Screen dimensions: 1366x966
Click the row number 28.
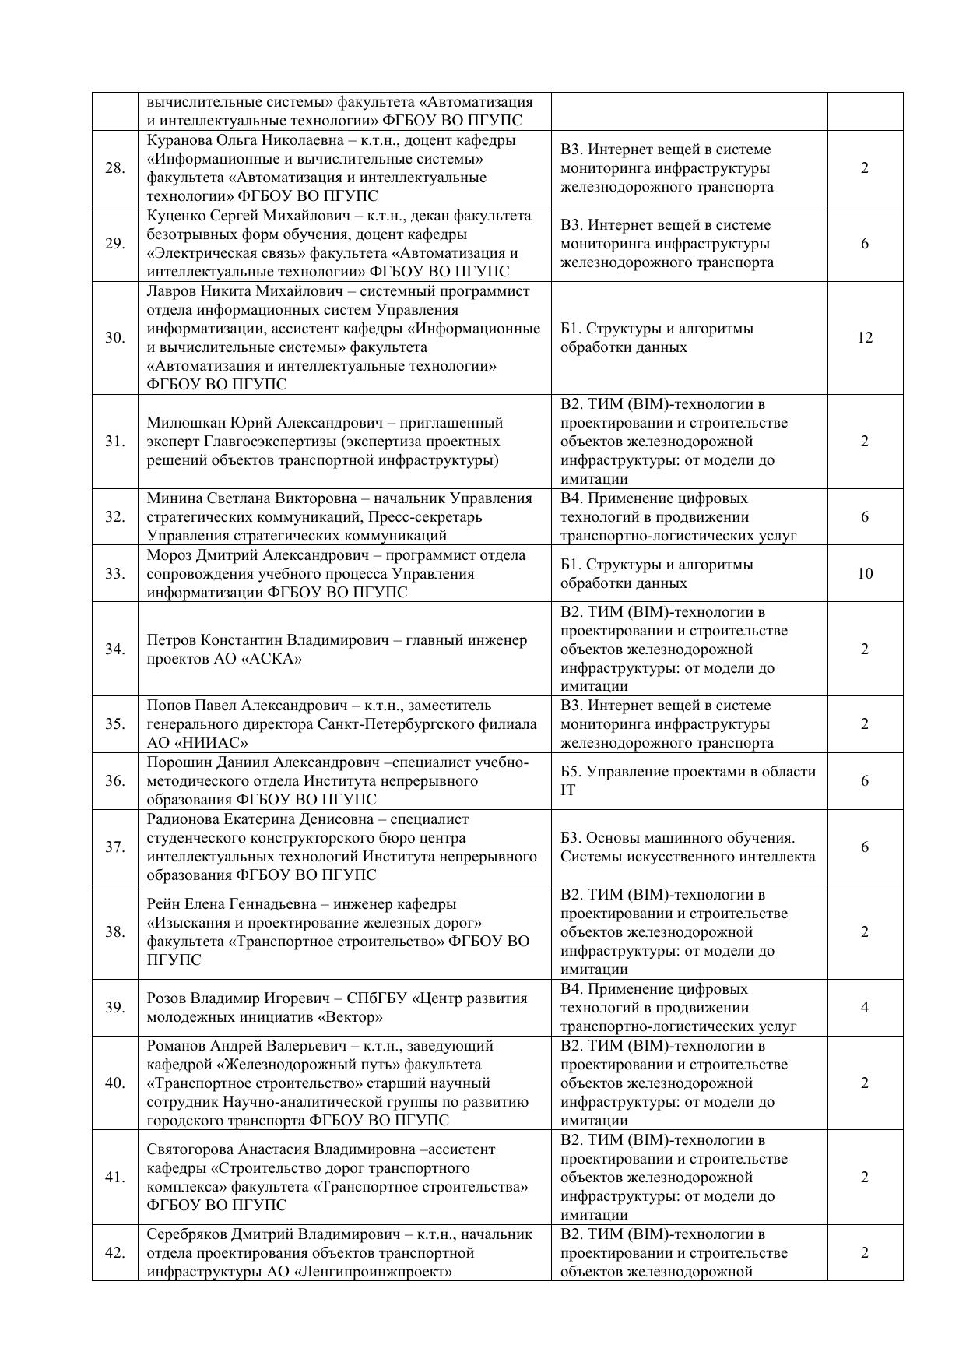click(114, 168)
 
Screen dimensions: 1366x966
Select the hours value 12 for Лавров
click(865, 338)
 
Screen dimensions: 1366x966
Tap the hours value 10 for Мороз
click(865, 574)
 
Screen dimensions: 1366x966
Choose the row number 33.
click(114, 574)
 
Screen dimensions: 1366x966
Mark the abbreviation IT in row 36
click(567, 790)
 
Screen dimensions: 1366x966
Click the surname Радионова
click(182, 819)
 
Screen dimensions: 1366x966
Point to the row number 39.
click(114, 1008)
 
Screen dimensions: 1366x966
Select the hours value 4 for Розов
click(865, 1008)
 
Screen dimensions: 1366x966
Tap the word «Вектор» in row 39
click(350, 1017)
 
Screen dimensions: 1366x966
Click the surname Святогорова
click(188, 1149)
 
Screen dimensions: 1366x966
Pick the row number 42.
click(114, 1253)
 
